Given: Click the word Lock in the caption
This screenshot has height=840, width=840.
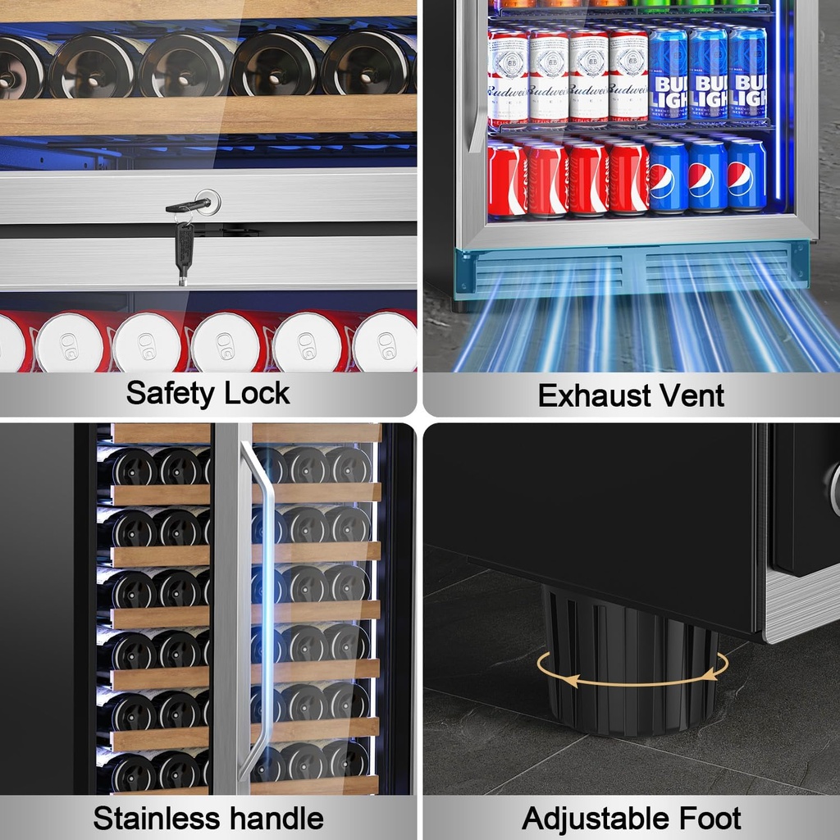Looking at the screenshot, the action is point(257,393).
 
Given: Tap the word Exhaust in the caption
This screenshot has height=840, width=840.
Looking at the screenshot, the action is point(593,395).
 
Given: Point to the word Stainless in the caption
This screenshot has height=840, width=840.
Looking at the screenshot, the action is point(157,818).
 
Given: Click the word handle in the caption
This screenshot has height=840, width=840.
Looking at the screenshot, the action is point(277,818).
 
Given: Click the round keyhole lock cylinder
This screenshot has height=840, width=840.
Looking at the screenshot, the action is point(208,202).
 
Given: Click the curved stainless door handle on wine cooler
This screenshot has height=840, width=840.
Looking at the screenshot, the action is point(260,610).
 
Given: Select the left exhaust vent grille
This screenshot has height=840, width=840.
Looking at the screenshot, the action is point(549,272).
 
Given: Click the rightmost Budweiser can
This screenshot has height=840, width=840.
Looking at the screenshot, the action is point(628,75).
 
